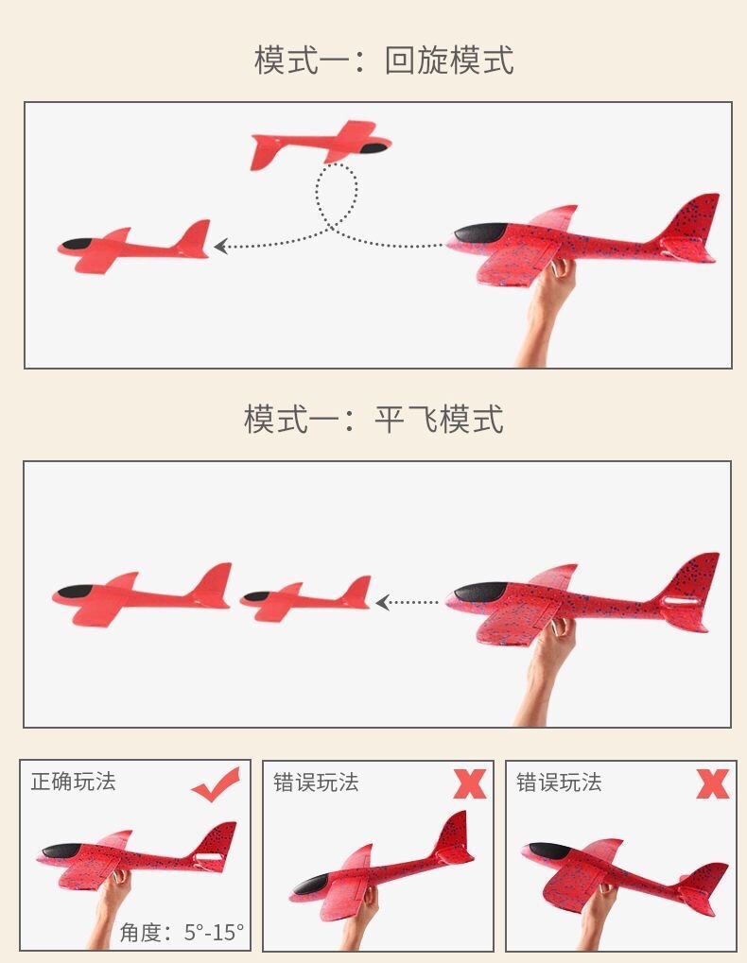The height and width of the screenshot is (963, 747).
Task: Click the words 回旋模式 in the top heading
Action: (449, 60)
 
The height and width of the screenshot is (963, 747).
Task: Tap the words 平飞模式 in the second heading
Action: (439, 419)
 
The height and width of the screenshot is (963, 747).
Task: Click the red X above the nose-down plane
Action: (469, 783)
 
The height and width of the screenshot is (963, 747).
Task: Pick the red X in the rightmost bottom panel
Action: (713, 783)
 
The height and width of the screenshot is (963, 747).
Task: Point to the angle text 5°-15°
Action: (214, 933)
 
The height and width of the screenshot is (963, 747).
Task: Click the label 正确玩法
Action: (73, 782)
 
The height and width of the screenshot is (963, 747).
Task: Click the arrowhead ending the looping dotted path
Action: (220, 247)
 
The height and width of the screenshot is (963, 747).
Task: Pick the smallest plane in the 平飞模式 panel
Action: (305, 599)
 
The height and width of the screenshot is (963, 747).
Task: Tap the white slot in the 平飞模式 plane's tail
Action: (684, 602)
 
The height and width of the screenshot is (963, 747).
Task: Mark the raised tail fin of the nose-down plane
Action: (455, 832)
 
